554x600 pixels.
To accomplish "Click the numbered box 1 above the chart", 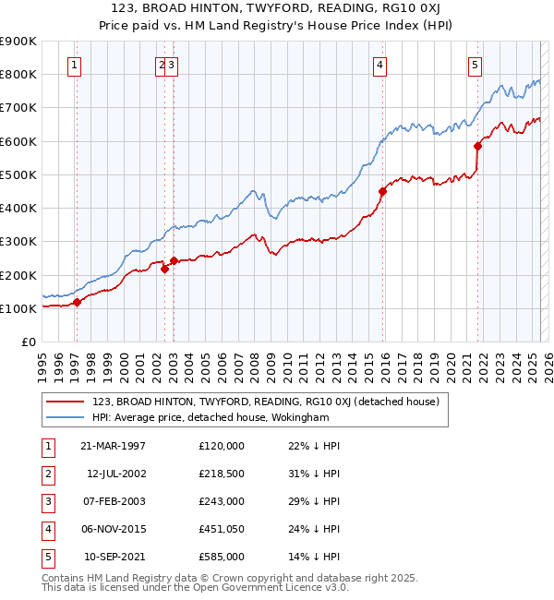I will [74, 65].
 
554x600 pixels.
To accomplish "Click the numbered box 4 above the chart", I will [380, 65].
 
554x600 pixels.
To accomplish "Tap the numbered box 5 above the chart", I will [475, 65].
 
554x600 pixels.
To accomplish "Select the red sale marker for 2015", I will [382, 191].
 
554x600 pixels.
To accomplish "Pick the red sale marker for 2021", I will [478, 146].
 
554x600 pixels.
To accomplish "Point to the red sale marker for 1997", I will [78, 302].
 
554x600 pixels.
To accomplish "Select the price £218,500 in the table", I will [221, 474].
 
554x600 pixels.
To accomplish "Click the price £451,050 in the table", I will [221, 529].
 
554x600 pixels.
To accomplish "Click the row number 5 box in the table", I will [47, 557].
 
